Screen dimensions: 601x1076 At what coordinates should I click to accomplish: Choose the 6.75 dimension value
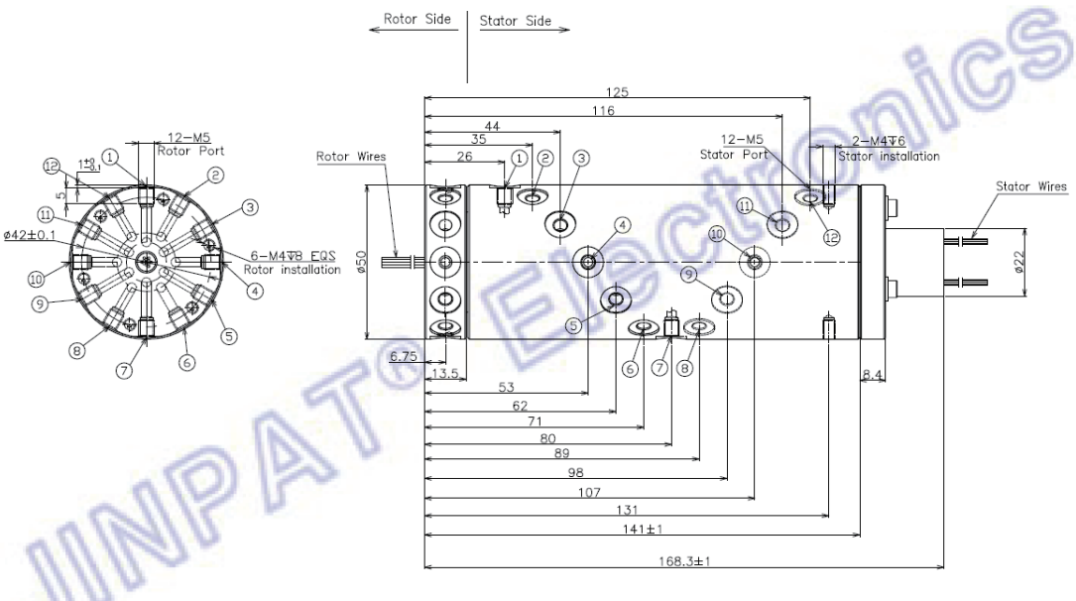404,357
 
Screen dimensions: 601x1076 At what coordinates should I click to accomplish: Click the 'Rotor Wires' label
351,156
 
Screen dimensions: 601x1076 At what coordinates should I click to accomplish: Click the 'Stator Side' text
515,20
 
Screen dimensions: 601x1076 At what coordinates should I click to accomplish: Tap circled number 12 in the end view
53,166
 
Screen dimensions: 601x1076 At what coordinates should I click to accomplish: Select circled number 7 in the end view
124,370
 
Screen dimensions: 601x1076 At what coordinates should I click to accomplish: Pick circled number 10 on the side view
717,234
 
